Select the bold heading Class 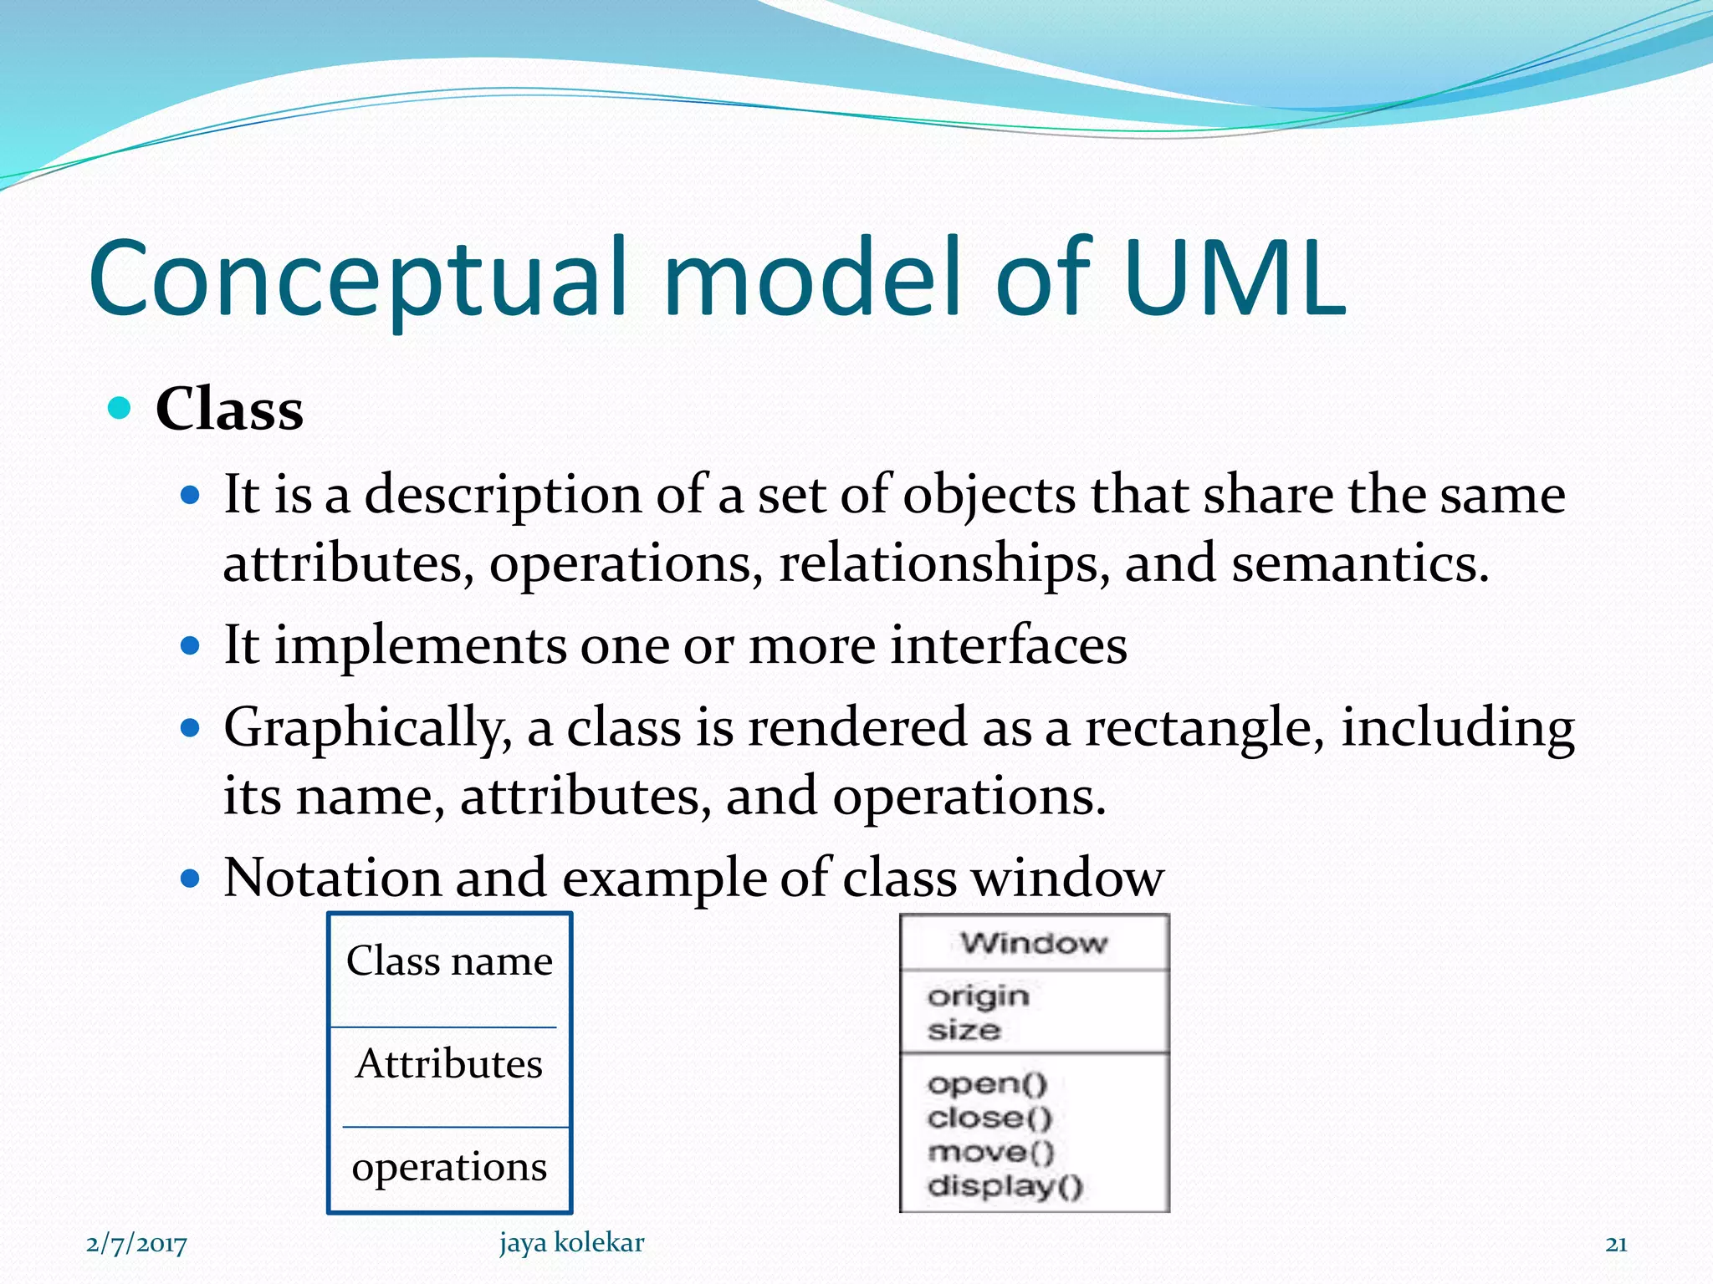[229, 410]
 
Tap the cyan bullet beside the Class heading [120, 408]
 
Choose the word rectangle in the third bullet [1204, 727]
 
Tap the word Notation [332, 878]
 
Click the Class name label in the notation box [449, 960]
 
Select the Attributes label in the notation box [449, 1063]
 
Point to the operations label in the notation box [449, 1167]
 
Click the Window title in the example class [1034, 943]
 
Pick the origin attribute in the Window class [978, 996]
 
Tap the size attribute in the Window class [964, 1030]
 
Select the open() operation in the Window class [987, 1084]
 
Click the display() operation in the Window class [1005, 1185]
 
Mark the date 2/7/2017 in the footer [136, 1244]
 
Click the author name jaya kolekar [572, 1243]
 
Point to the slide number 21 [1616, 1245]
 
